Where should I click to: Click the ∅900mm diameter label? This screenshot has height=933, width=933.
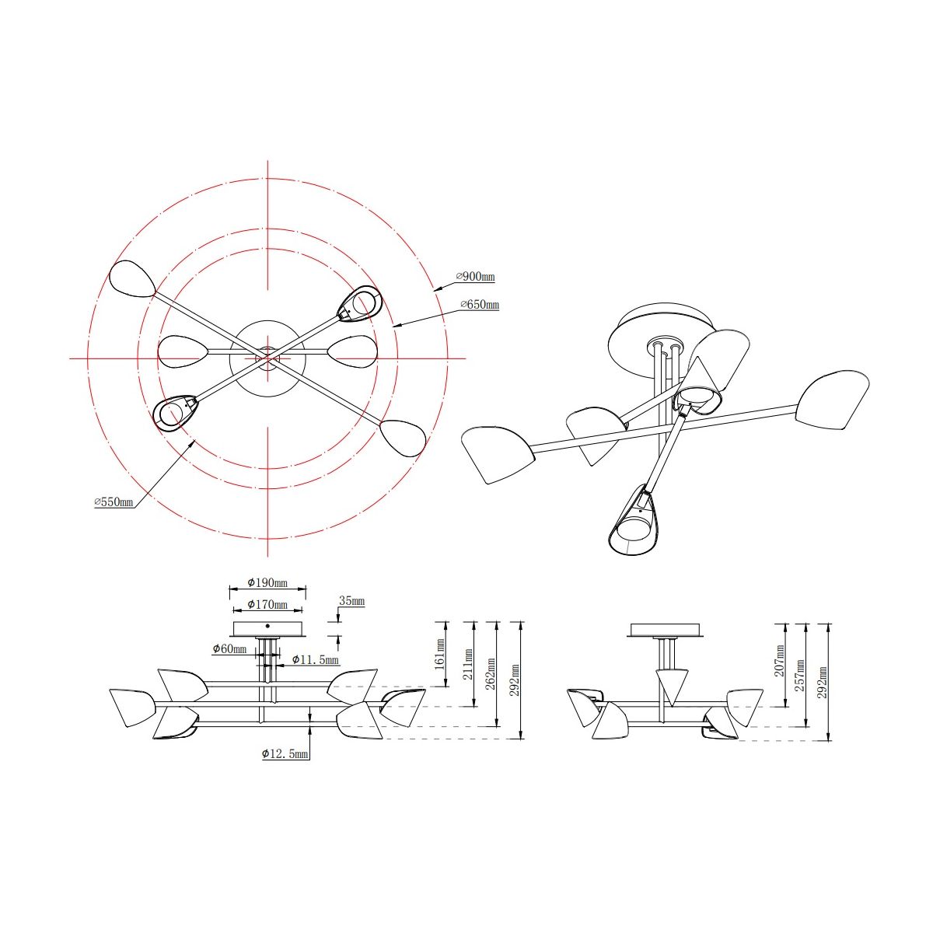[x=475, y=277]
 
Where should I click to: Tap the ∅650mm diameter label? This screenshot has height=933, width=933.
[x=480, y=305]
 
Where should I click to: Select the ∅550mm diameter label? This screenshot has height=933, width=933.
[x=114, y=501]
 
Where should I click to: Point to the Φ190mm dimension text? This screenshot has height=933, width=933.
[x=267, y=582]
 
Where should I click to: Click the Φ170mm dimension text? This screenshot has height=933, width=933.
[x=267, y=604]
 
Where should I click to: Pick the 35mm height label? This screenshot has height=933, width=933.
[x=351, y=601]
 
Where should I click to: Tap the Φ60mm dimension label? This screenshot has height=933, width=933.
[x=229, y=648]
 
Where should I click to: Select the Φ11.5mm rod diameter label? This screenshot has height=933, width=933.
[x=315, y=659]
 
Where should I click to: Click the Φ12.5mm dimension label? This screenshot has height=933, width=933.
[x=285, y=753]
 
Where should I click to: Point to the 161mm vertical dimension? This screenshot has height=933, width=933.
[x=439, y=654]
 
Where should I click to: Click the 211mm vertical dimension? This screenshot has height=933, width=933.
[x=468, y=664]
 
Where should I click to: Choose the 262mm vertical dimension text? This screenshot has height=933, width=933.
[x=491, y=673]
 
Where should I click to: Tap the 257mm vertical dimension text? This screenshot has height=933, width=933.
[x=801, y=675]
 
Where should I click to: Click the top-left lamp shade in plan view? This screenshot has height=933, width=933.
[x=132, y=279]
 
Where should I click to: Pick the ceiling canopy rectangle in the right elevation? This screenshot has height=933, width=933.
[x=664, y=630]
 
